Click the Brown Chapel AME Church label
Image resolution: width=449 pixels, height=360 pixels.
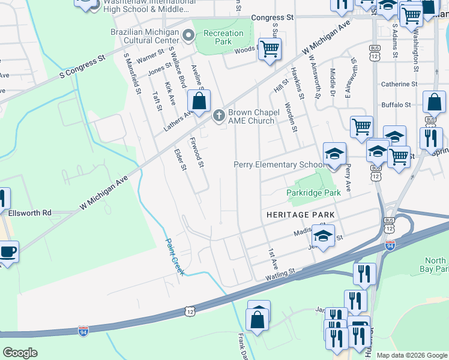251,116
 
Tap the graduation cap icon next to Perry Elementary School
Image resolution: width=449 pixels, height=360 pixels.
334,154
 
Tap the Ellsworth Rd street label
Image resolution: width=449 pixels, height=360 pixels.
30,212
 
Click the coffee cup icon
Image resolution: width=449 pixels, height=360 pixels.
8,252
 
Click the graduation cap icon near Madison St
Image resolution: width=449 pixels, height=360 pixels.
322,236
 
